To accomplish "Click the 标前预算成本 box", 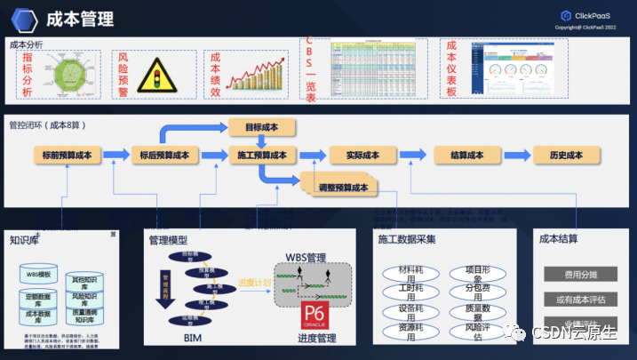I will pyautogui.click(x=67, y=156).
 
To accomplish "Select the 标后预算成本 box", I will pyautogui.click(x=164, y=156).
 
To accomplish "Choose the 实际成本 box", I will pyautogui.click(x=362, y=156).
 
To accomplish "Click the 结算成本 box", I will pyautogui.click(x=466, y=156).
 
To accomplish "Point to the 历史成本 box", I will pyautogui.click(x=565, y=156).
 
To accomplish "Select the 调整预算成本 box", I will pyautogui.click(x=342, y=188).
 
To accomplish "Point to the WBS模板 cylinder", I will pyautogui.click(x=37, y=275).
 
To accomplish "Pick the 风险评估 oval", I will pyautogui.click(x=481, y=332).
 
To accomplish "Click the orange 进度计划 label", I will pyautogui.click(x=254, y=283).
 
